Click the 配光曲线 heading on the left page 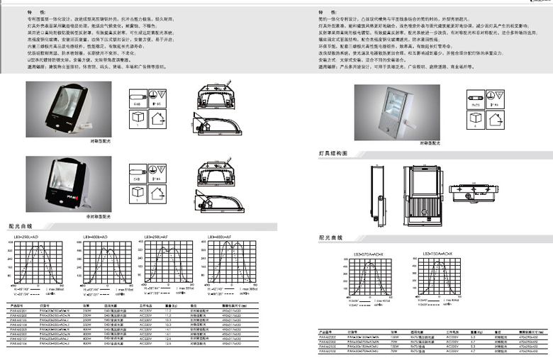tap(23, 224)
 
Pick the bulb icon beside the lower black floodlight tap(138, 171)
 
